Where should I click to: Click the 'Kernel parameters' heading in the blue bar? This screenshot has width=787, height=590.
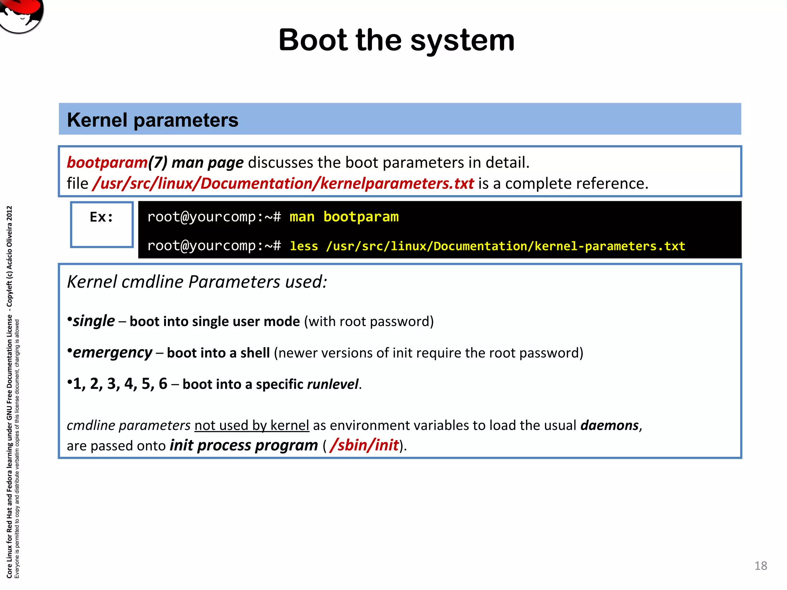[x=153, y=120]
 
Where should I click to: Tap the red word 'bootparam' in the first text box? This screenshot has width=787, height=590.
[x=107, y=162]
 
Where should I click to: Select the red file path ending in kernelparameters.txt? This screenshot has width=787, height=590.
[x=283, y=184]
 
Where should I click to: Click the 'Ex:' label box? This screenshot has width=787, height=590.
[x=102, y=224]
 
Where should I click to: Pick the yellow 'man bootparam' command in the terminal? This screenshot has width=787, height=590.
[x=344, y=217]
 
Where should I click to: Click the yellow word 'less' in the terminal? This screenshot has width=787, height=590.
[x=304, y=246]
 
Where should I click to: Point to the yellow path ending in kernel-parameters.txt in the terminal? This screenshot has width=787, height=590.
[x=505, y=246]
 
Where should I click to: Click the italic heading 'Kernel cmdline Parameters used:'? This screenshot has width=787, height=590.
[x=197, y=282]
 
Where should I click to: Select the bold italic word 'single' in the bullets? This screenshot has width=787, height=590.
[x=94, y=321]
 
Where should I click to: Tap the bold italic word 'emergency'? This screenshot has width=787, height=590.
[x=113, y=353]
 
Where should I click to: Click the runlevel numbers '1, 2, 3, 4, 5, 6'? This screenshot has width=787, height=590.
[x=120, y=384]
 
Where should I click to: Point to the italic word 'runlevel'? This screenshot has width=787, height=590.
[x=332, y=384]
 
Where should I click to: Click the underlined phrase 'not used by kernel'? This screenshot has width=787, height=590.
[x=252, y=426]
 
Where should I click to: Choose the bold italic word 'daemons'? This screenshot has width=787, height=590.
[x=609, y=426]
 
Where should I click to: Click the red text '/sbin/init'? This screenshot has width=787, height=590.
[x=364, y=446]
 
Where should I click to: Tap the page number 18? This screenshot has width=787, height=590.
[x=760, y=566]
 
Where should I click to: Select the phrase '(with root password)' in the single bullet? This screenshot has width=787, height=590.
[x=369, y=322]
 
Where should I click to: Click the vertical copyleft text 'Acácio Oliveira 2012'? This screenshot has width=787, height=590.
[x=10, y=238]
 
